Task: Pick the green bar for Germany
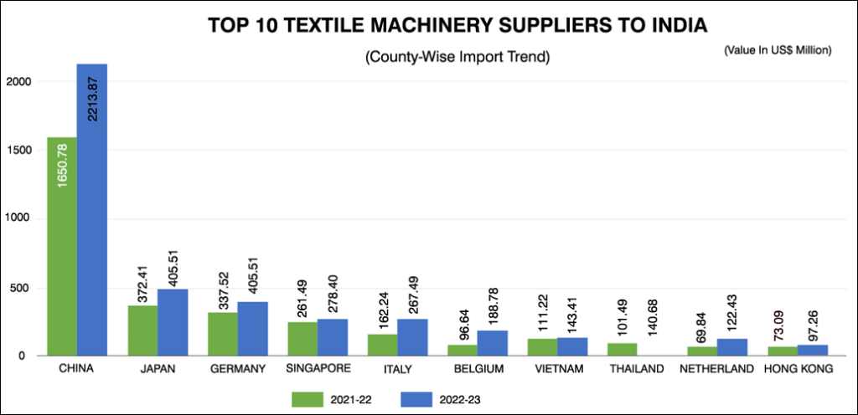point(222,334)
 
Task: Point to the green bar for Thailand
point(623,349)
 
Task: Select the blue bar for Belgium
point(493,342)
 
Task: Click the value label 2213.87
point(92,91)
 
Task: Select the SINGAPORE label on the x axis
point(318,368)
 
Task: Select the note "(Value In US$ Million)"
point(777,51)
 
